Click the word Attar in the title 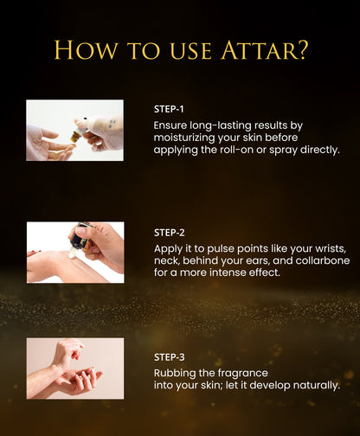click(x=259, y=50)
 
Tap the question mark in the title click(x=303, y=50)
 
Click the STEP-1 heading click(x=169, y=109)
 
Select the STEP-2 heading click(x=170, y=233)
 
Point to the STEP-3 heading click(x=170, y=357)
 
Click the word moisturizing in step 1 click(x=184, y=138)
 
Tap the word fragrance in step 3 click(x=243, y=374)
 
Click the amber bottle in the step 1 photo click(x=76, y=136)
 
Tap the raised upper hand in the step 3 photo click(x=67, y=355)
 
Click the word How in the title click(x=86, y=50)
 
